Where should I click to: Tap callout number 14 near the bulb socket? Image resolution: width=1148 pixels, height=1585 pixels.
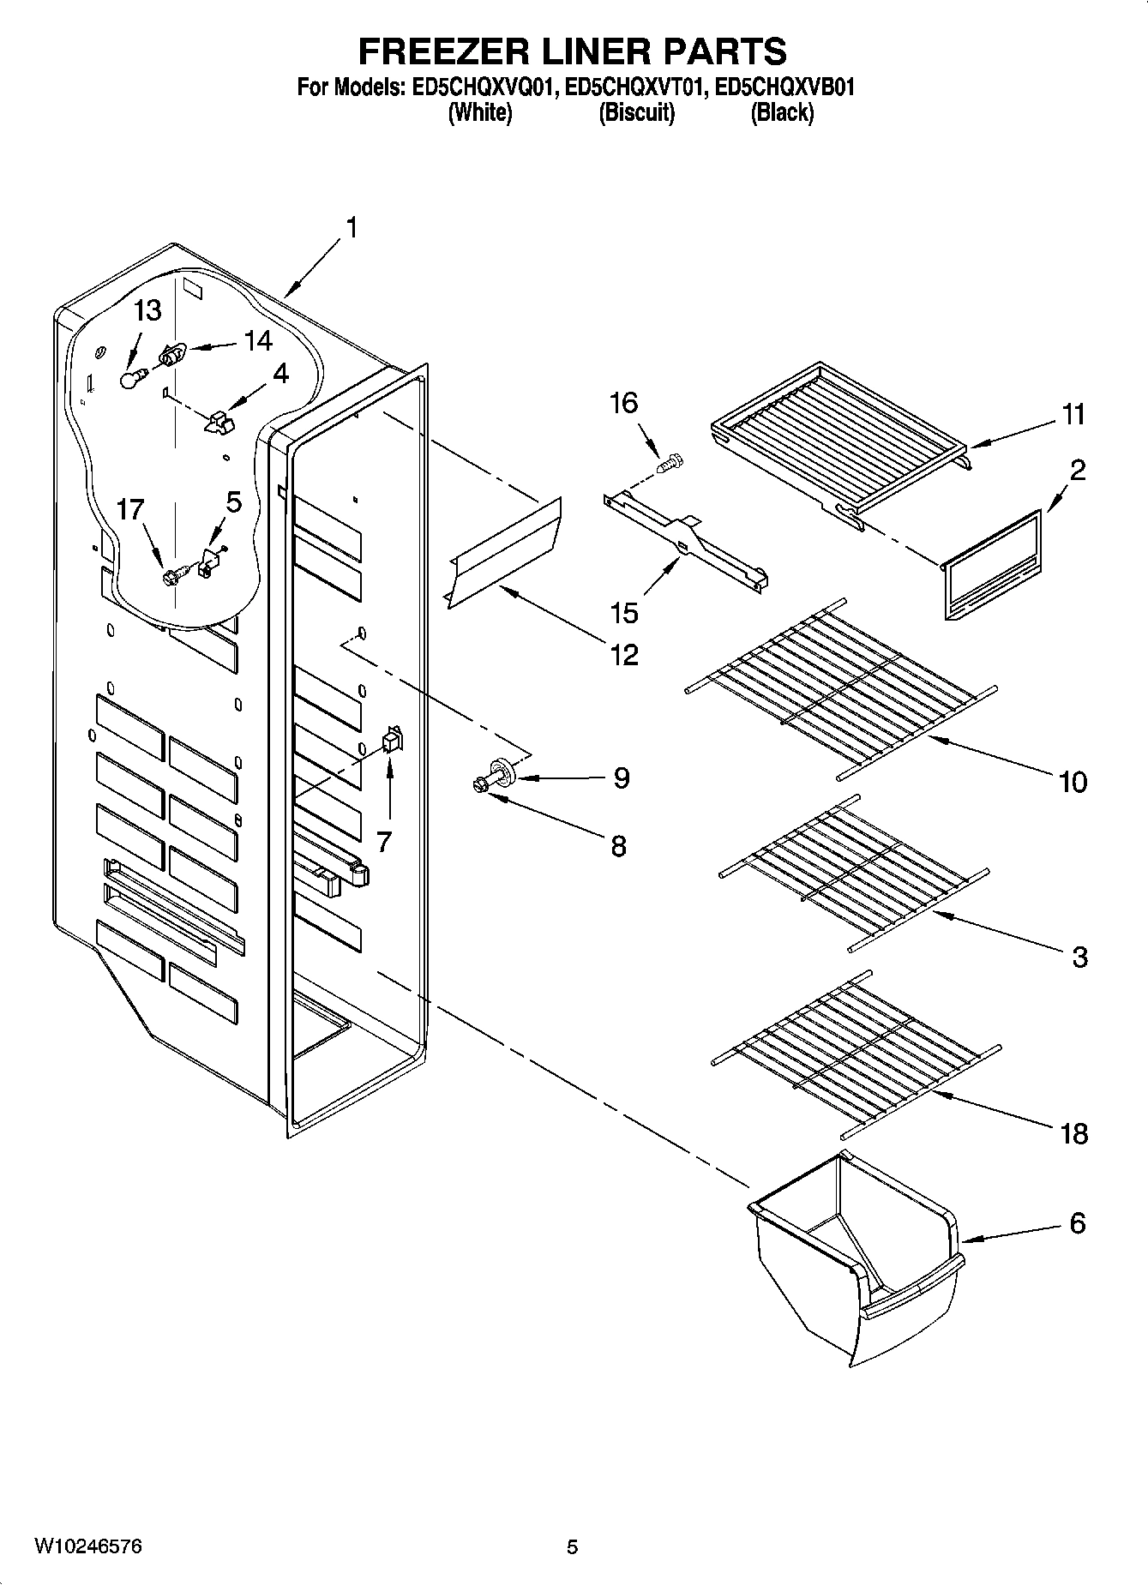click(257, 342)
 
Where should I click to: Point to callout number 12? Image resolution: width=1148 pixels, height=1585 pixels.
click(624, 655)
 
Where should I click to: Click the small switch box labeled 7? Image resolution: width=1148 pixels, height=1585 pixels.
click(392, 739)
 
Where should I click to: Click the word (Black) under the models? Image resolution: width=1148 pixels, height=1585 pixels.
click(781, 112)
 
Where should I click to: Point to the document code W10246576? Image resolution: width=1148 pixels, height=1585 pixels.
click(87, 1546)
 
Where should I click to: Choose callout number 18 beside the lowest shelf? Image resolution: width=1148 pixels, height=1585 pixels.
click(1073, 1134)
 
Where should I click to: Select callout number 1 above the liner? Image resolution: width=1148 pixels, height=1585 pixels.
click(352, 229)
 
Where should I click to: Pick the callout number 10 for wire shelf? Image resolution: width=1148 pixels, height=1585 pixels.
click(1073, 781)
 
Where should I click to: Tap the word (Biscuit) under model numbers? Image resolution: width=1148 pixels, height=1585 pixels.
click(636, 112)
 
